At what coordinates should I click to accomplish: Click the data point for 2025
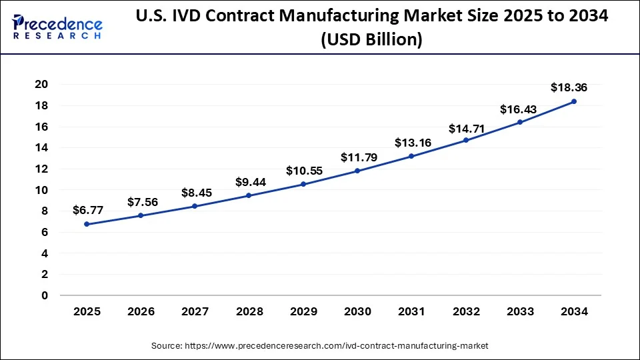[87, 224]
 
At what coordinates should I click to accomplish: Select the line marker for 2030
[357, 171]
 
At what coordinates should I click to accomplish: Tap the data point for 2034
[574, 101]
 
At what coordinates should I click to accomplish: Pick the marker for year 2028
[249, 195]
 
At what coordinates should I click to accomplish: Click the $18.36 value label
[569, 87]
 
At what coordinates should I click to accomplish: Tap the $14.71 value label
[467, 127]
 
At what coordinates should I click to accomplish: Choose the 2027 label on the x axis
[195, 311]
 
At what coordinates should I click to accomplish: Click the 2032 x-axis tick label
[465, 311]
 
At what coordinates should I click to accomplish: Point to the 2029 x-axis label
[303, 311]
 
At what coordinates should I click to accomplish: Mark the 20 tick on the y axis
[43, 84]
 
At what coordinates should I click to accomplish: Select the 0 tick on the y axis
[45, 295]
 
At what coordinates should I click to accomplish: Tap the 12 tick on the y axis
[43, 169]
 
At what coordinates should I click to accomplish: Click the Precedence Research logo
[57, 26]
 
